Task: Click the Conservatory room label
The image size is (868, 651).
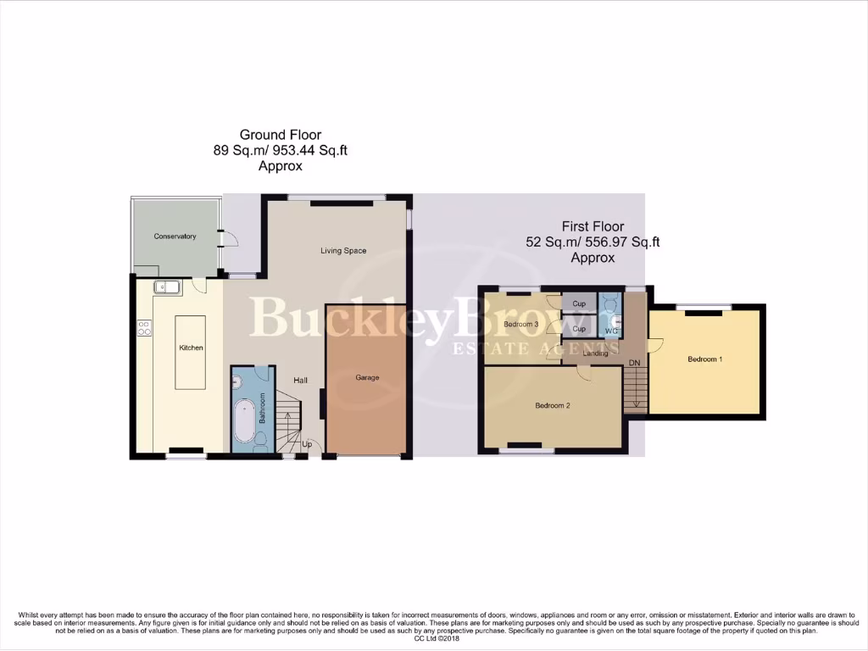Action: (175, 236)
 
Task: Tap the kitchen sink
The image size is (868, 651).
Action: (166, 287)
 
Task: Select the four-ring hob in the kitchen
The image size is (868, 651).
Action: (142, 327)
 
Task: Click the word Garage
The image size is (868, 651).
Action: (367, 377)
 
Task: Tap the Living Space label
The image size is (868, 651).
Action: (343, 250)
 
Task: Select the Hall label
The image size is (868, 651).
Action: (300, 381)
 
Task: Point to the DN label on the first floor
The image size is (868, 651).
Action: (634, 364)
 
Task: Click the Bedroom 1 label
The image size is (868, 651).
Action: (705, 359)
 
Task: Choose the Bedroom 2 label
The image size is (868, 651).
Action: (553, 405)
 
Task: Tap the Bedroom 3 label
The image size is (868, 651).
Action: (521, 324)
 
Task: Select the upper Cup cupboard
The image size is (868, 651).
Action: (579, 303)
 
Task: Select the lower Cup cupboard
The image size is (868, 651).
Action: (579, 329)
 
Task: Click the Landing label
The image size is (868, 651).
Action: (596, 353)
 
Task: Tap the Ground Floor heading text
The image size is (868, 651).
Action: (280, 135)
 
